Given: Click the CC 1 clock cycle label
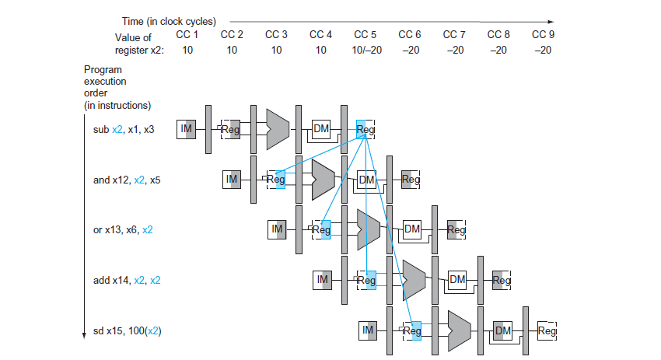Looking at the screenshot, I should click(187, 35).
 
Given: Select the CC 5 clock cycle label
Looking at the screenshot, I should click(365, 35).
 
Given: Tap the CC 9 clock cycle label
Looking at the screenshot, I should click(543, 35).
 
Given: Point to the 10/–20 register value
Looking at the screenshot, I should click(365, 50).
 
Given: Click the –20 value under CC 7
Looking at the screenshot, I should click(454, 50).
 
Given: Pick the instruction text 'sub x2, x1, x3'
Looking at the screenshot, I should click(124, 130).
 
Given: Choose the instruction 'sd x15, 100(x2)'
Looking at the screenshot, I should click(128, 330).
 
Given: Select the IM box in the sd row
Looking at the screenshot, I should click(369, 330).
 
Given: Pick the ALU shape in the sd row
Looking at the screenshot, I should click(459, 330).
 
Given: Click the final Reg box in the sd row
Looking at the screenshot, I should click(547, 330).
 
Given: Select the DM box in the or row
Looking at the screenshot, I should click(412, 229).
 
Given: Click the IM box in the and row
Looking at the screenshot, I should click(232, 180).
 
